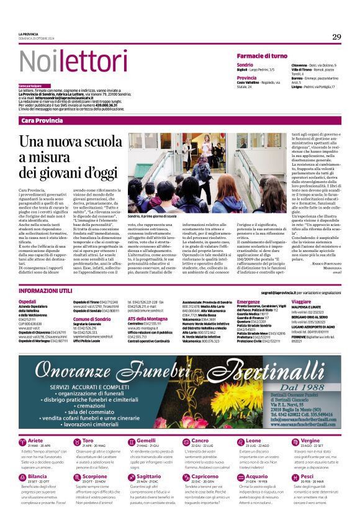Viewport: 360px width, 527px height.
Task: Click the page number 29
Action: pos(336,37)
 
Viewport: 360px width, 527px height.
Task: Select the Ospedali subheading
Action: pos(27,301)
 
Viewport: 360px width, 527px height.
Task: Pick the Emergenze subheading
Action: pos(231,301)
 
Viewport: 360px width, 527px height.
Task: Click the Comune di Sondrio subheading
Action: pos(91,318)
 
